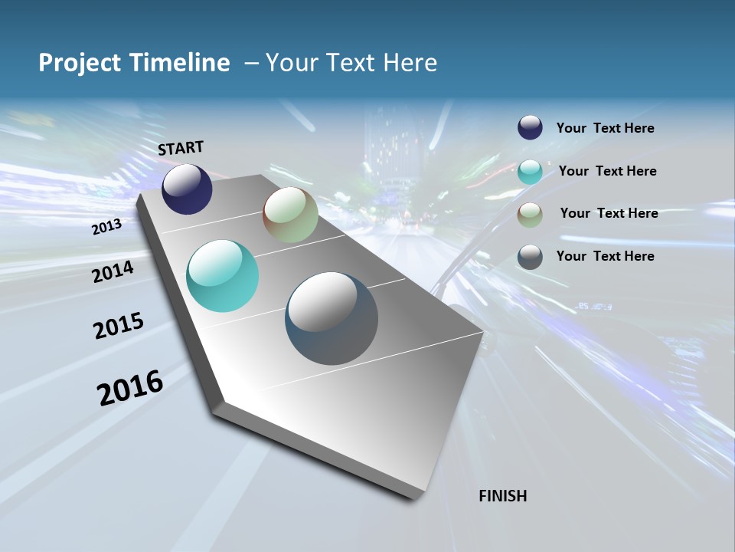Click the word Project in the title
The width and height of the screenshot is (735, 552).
coord(77,63)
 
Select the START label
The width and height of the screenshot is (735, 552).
coord(181,148)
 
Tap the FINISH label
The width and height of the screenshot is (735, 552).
coord(503,496)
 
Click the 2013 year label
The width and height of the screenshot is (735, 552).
coord(106,227)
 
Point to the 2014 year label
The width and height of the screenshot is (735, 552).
coord(113,271)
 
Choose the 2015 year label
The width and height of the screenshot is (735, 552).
coord(119,326)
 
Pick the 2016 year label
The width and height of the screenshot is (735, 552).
coord(130,388)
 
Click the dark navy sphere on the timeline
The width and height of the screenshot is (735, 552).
coord(187,189)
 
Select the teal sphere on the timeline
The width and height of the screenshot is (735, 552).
coord(222,276)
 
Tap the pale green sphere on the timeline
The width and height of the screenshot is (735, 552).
coord(290,215)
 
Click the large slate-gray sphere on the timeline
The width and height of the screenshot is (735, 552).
coord(332,319)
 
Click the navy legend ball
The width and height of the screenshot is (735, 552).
coord(530,128)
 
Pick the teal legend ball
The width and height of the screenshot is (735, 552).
coord(530,172)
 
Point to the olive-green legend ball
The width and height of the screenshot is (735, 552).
coord(530,215)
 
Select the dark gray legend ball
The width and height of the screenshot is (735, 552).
coord(530,257)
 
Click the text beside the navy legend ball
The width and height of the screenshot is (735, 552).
coord(605,129)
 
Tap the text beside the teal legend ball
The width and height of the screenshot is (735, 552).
coord(607,171)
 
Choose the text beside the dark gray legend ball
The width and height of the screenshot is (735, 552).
coord(605,256)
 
